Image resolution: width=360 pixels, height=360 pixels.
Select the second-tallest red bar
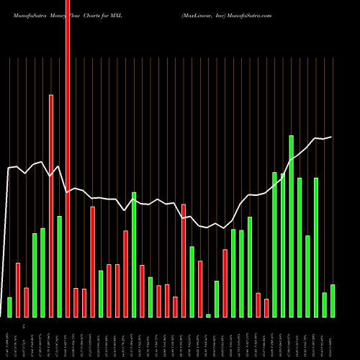[51, 206]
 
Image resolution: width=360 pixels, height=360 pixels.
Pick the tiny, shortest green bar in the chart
[208, 315]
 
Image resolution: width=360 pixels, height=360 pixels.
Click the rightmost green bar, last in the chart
[332, 301]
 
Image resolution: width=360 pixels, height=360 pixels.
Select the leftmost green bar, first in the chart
[9, 307]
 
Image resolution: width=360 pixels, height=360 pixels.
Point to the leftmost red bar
[18, 290]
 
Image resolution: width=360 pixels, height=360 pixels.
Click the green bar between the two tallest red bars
[59, 266]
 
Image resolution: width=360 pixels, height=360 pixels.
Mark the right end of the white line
[332, 137]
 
